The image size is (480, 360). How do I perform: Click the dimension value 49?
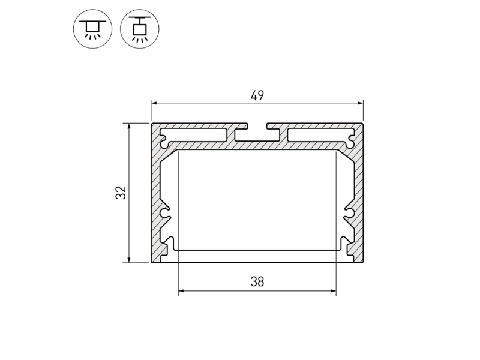click(x=257, y=96)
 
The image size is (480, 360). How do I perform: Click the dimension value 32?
click(x=121, y=193)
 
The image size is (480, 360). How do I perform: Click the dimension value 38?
click(x=257, y=281)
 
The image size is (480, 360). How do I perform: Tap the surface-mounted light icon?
click(x=93, y=29)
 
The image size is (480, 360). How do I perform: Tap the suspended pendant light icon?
click(x=140, y=29)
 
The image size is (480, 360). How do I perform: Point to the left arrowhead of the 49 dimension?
click(x=155, y=103)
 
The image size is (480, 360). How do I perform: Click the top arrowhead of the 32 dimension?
click(x=129, y=127)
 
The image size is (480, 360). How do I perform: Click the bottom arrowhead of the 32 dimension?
click(x=129, y=259)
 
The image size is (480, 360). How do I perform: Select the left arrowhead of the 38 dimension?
click(x=182, y=290)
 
